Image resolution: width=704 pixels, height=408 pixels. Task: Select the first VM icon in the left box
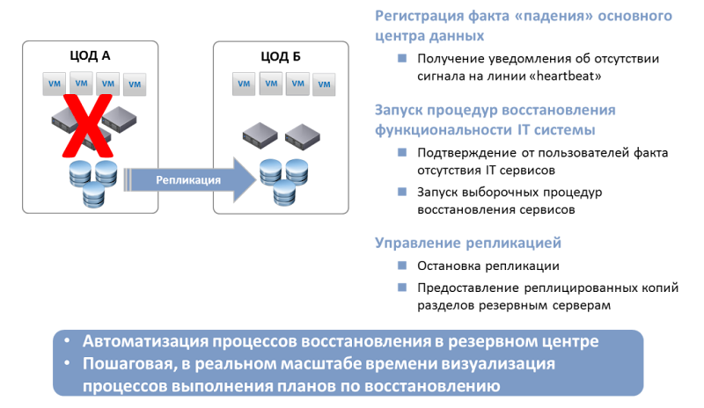(x=55, y=84)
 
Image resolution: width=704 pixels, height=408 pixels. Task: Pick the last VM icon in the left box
(x=135, y=84)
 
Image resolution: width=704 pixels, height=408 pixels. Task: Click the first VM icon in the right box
(x=245, y=84)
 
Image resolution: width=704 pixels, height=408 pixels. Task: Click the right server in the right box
(x=302, y=135)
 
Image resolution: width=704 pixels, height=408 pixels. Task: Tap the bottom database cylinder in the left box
(x=93, y=195)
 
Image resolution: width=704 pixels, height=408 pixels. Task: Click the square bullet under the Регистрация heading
(x=401, y=59)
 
